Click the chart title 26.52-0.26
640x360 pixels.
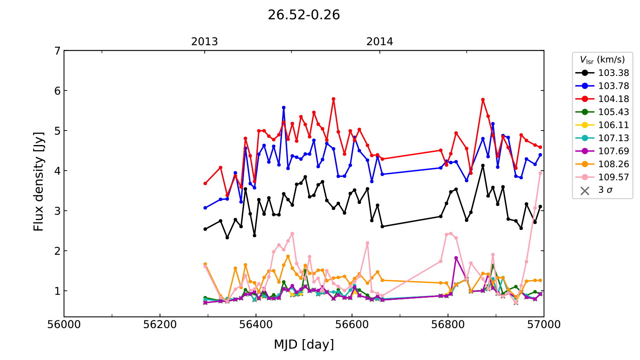[x=304, y=15]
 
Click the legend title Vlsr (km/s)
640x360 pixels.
[x=602, y=60]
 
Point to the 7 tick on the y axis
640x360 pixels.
[x=57, y=51]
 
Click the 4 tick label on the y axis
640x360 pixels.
[x=57, y=171]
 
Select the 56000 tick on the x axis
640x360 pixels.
[x=64, y=325]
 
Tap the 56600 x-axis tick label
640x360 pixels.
[x=352, y=325]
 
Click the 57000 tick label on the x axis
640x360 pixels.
[x=544, y=325]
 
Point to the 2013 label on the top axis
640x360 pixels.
[x=204, y=42]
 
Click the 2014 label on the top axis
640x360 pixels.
[x=380, y=42]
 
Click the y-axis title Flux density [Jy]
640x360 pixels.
[x=39, y=181]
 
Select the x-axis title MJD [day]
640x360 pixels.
[x=304, y=344]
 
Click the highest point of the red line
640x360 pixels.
[x=334, y=99]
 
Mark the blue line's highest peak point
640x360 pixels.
[x=284, y=107]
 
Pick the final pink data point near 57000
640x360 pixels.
[x=541, y=173]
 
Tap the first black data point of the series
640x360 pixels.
[x=205, y=229]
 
